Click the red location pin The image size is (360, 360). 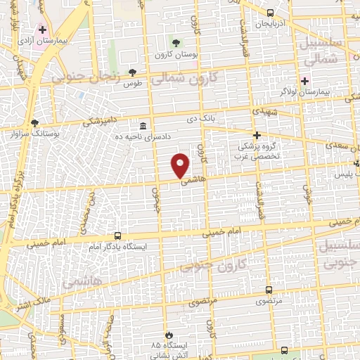click(181, 165)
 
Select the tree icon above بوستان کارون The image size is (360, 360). click(176, 44)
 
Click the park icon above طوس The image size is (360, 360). click(131, 72)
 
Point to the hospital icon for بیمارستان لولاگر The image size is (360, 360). click(304, 81)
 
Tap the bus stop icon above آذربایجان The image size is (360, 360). click(270, 13)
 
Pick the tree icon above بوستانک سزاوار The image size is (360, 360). click(34, 122)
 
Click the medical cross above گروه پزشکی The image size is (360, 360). click(257, 135)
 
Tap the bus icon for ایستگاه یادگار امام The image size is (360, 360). click(117, 237)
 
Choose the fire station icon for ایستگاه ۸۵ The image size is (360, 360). click(168, 335)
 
